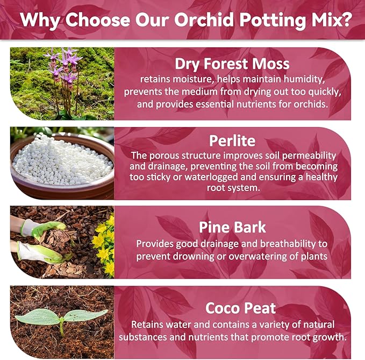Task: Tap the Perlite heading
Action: (x=232, y=141)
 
